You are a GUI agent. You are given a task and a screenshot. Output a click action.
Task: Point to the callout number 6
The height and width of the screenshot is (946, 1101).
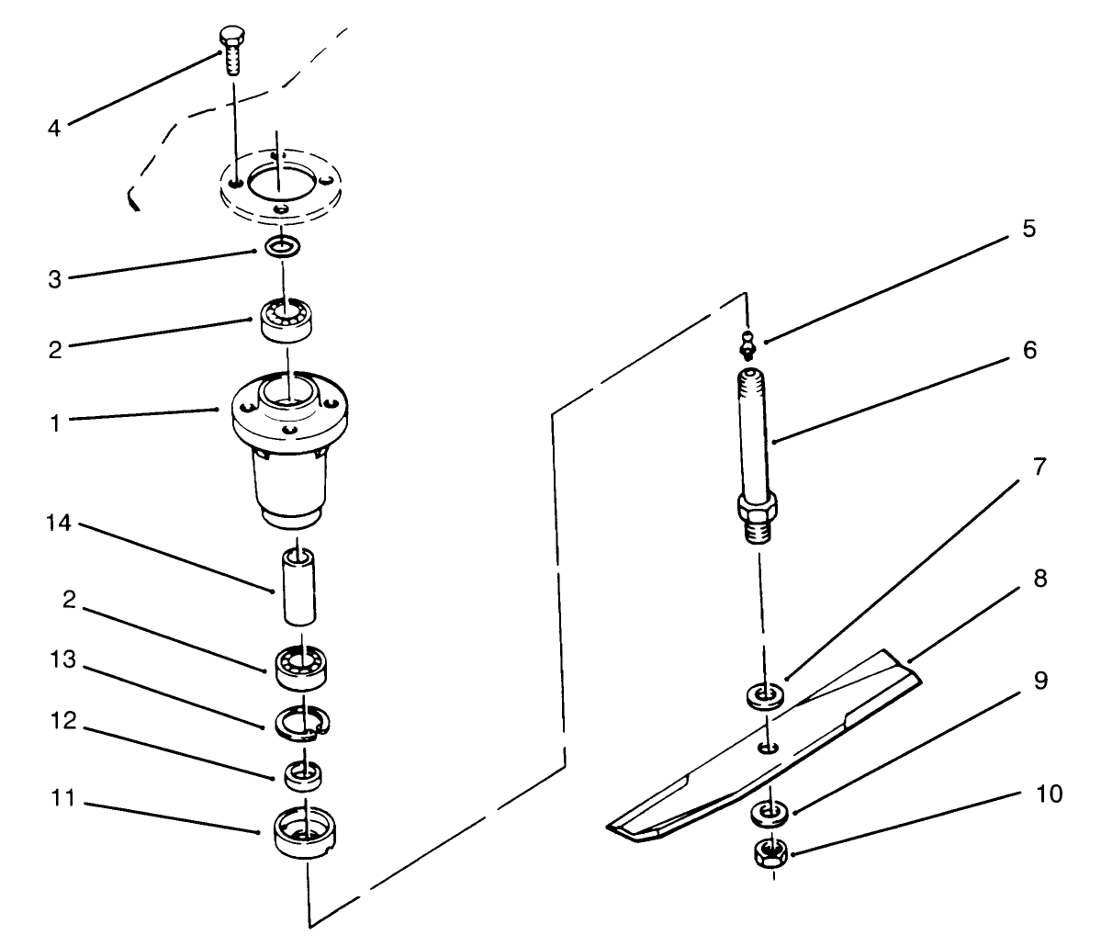click(x=1029, y=351)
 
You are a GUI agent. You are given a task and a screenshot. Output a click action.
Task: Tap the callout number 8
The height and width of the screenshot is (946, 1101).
click(x=1039, y=580)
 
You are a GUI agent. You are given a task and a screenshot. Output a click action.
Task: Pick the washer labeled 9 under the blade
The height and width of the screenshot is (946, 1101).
click(x=768, y=812)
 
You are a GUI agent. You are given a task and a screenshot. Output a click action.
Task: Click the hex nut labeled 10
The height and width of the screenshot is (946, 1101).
click(x=770, y=854)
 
